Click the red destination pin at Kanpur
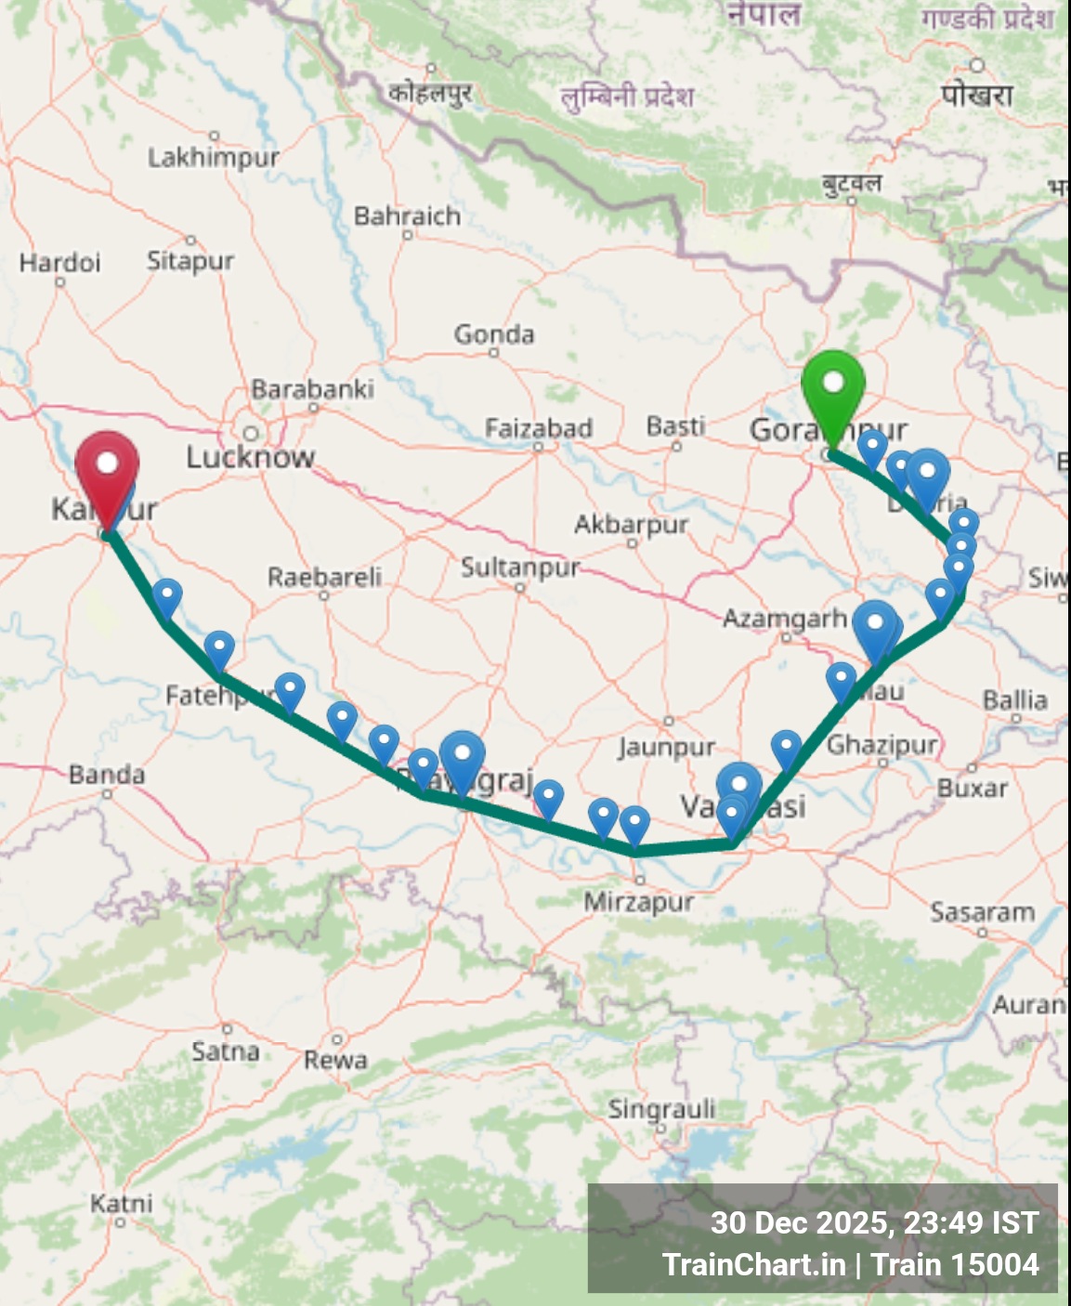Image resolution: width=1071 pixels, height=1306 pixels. (107, 469)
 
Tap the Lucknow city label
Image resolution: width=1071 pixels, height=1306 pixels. (250, 456)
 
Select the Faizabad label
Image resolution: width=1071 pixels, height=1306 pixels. (539, 427)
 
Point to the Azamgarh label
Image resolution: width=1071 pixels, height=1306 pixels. (785, 618)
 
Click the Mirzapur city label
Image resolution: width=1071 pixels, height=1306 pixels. (638, 901)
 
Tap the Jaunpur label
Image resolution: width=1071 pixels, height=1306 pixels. (667, 747)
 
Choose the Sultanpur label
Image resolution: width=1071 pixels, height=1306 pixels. (520, 567)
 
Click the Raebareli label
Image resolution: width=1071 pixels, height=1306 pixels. (324, 577)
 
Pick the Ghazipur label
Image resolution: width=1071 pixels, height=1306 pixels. (882, 745)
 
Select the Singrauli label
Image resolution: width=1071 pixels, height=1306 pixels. (661, 1109)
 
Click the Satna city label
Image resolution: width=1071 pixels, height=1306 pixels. (225, 1051)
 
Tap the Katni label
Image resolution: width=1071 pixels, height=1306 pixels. (121, 1204)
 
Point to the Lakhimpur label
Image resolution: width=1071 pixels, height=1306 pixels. (214, 157)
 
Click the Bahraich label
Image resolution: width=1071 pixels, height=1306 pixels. (407, 216)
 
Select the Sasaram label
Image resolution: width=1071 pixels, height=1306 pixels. (982, 913)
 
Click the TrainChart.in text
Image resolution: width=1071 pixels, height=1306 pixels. (753, 1264)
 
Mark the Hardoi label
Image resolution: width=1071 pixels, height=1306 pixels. (59, 262)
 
